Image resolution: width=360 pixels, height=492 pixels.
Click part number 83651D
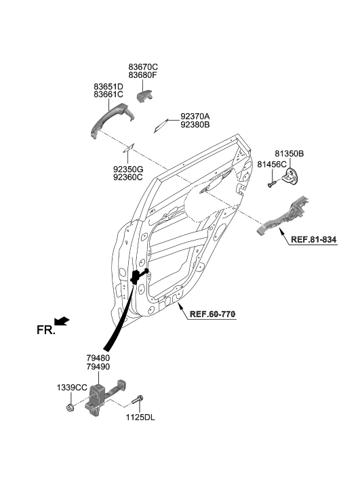pyautogui.click(x=108, y=86)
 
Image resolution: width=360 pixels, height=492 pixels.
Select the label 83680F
pyautogui.click(x=143, y=76)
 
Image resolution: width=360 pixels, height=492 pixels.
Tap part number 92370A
pyautogui.click(x=195, y=116)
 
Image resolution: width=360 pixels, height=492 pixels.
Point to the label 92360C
pyautogui.click(x=127, y=178)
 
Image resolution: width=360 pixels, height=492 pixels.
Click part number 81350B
pyautogui.click(x=289, y=154)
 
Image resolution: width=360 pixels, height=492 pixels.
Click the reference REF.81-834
pyautogui.click(x=313, y=240)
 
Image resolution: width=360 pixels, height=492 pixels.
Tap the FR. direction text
pyautogui.click(x=45, y=330)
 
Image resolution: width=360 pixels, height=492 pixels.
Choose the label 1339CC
pyautogui.click(x=71, y=387)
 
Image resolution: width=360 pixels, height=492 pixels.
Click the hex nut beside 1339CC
pyautogui.click(x=71, y=407)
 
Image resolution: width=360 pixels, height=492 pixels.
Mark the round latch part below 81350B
pyautogui.click(x=292, y=178)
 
